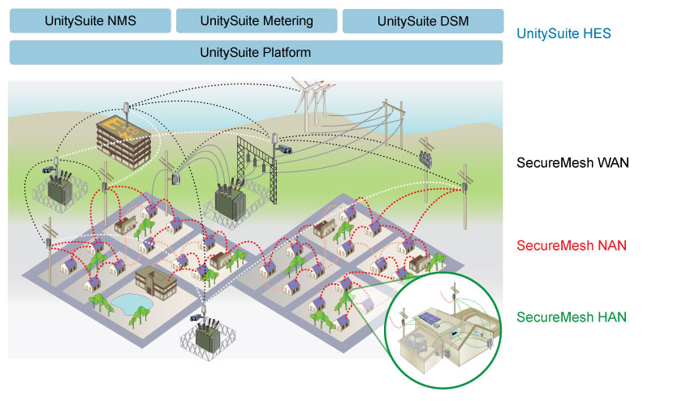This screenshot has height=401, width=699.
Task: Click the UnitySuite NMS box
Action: click(x=90, y=21)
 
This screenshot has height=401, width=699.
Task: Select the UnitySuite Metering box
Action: click(x=257, y=21)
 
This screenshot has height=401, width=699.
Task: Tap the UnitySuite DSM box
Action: click(x=423, y=21)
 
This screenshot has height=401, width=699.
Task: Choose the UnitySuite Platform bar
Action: click(x=256, y=53)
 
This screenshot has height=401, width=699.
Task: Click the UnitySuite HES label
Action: click(x=563, y=35)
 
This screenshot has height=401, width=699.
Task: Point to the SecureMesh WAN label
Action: click(x=573, y=163)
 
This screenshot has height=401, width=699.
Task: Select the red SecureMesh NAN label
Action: click(x=572, y=245)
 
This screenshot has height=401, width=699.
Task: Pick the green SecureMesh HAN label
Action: click(x=571, y=317)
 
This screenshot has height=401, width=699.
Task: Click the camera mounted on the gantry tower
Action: click(x=284, y=150)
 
